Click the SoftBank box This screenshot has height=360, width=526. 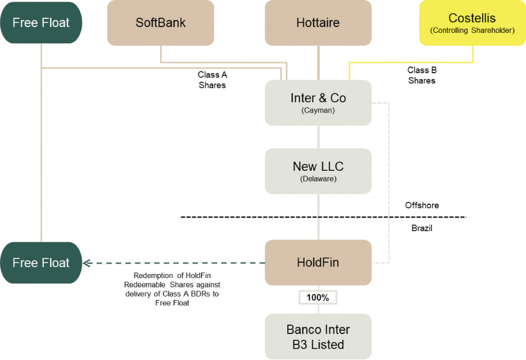click(160, 23)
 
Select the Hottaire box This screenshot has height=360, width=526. click(318, 23)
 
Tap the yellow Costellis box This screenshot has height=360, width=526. click(472, 23)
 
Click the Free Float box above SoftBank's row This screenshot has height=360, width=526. click(41, 23)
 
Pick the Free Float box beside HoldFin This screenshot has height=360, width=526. click(41, 263)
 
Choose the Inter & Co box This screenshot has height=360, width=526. click(318, 103)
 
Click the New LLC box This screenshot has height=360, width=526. click(318, 171)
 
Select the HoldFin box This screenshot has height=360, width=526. click(318, 262)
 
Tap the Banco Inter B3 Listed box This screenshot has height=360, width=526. click(318, 337)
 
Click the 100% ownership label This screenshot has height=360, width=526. click(317, 298)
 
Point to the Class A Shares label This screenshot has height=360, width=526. click(212, 80)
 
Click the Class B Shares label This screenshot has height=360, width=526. click(422, 75)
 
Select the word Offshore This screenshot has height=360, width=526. click(422, 205)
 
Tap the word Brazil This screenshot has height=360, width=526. click(422, 228)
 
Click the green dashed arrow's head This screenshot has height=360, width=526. click(87, 263)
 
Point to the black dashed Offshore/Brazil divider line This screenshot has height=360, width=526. click(260, 217)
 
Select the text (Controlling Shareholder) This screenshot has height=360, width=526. click(472, 31)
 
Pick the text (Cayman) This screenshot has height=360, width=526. click(318, 110)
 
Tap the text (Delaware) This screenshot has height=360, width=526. click(318, 179)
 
